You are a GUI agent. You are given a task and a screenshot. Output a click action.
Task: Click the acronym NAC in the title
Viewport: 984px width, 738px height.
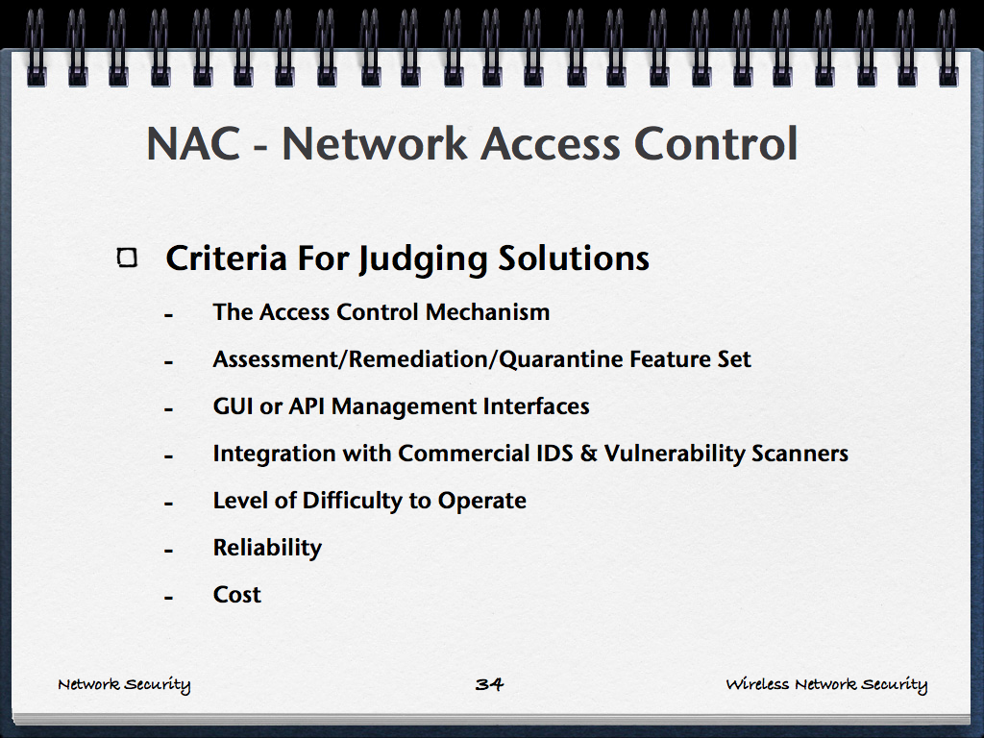(194, 144)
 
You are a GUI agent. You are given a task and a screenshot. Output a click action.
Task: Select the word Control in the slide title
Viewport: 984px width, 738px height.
(716, 144)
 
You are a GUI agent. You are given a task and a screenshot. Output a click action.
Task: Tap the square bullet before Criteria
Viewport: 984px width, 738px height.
(128, 258)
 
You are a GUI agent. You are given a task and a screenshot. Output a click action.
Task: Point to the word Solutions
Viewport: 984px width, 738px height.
(574, 258)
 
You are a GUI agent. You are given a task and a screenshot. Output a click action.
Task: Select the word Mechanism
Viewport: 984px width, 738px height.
(487, 312)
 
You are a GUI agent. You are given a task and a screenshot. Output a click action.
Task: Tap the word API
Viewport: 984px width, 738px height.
(307, 406)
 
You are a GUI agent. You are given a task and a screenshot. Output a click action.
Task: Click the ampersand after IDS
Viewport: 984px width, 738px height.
(589, 454)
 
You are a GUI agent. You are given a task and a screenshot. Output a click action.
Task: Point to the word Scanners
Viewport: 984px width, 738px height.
(799, 454)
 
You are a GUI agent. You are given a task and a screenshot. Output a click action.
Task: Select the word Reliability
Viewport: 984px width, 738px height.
(267, 548)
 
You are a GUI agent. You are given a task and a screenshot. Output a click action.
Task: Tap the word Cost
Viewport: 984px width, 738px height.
(237, 594)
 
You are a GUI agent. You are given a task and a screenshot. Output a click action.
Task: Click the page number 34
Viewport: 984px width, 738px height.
(489, 684)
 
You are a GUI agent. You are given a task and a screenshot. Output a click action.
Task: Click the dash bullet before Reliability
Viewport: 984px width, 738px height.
(168, 551)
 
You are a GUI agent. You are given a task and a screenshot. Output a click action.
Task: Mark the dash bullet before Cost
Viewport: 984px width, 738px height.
(168, 598)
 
